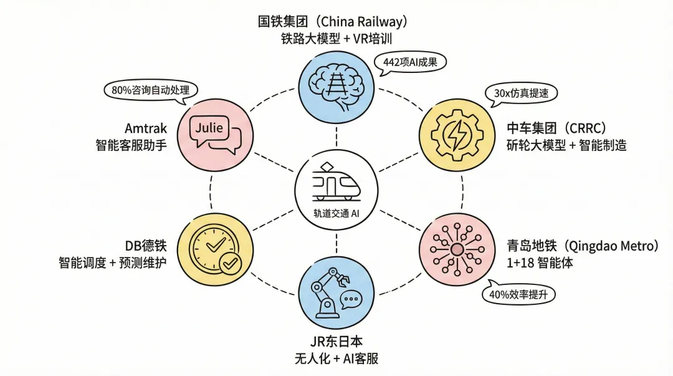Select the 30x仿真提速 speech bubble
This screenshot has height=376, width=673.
click(x=520, y=93)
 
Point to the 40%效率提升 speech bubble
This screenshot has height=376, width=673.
click(x=518, y=294)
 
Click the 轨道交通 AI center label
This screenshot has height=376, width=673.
click(x=336, y=213)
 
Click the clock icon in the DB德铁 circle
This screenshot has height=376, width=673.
click(x=211, y=248)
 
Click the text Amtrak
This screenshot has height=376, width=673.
click(x=145, y=128)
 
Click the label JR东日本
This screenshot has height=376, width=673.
click(x=336, y=342)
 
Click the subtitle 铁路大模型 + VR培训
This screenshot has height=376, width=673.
click(x=336, y=39)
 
